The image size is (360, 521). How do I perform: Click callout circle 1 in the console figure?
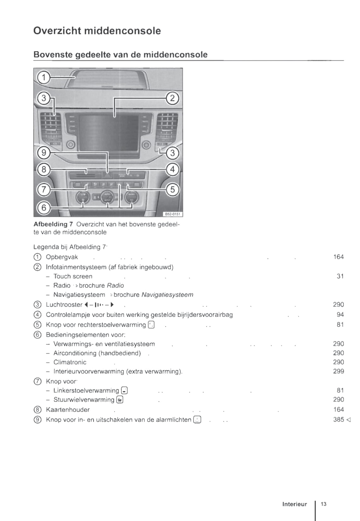(44, 77)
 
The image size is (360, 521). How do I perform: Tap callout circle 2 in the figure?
(172, 98)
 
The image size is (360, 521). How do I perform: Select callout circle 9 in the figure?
(44, 153)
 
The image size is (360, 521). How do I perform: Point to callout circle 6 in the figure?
(44, 208)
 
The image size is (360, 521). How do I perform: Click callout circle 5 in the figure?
(172, 189)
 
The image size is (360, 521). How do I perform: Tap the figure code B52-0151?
(173, 214)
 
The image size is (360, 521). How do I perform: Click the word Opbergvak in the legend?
(62, 257)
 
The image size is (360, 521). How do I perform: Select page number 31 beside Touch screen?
(340, 276)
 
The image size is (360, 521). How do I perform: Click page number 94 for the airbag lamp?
(340, 314)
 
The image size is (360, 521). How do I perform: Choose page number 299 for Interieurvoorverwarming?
(338, 371)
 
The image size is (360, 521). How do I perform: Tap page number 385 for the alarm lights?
(338, 419)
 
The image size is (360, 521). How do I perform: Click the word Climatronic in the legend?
(70, 362)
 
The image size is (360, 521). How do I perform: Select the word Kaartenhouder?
(67, 409)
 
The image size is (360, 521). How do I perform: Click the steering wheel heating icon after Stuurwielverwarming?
(119, 400)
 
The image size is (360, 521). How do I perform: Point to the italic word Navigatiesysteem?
(167, 295)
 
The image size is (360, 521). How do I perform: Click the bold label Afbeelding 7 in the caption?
(53, 224)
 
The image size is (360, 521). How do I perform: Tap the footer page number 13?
(323, 504)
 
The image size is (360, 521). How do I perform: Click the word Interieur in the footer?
(294, 504)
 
